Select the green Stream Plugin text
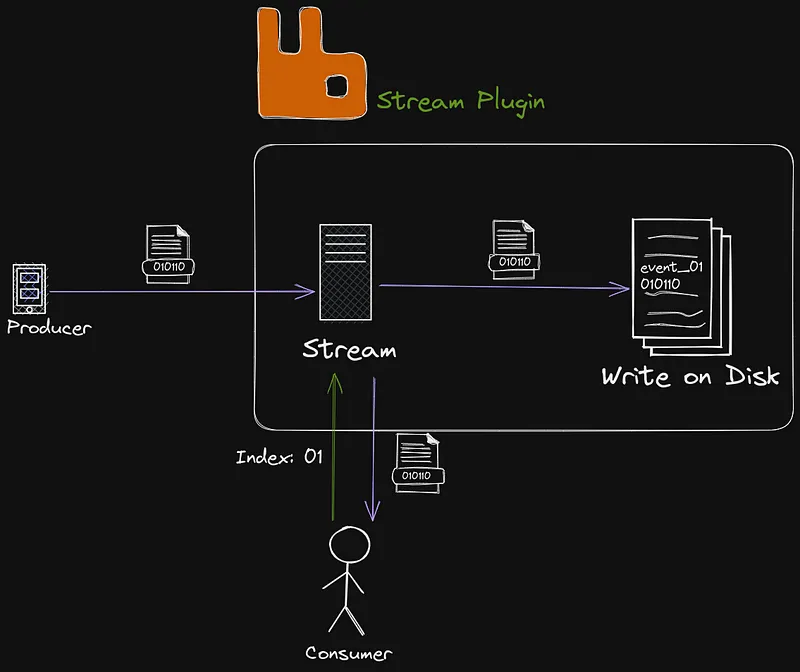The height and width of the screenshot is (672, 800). [x=461, y=102]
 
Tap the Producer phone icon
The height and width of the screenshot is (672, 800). [x=30, y=289]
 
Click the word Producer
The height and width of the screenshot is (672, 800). [x=48, y=327]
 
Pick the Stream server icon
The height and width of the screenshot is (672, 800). [x=345, y=272]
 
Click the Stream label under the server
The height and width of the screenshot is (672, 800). [x=349, y=350]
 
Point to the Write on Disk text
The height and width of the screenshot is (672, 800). [x=689, y=377]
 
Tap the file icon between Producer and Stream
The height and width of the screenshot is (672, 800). [x=166, y=253]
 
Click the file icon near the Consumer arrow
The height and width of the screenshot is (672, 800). [x=415, y=461]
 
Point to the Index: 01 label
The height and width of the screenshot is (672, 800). [x=279, y=457]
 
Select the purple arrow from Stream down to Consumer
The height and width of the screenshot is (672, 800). [x=373, y=450]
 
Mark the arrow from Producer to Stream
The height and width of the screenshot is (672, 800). [x=180, y=293]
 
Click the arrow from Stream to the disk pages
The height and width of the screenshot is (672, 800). [x=500, y=287]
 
